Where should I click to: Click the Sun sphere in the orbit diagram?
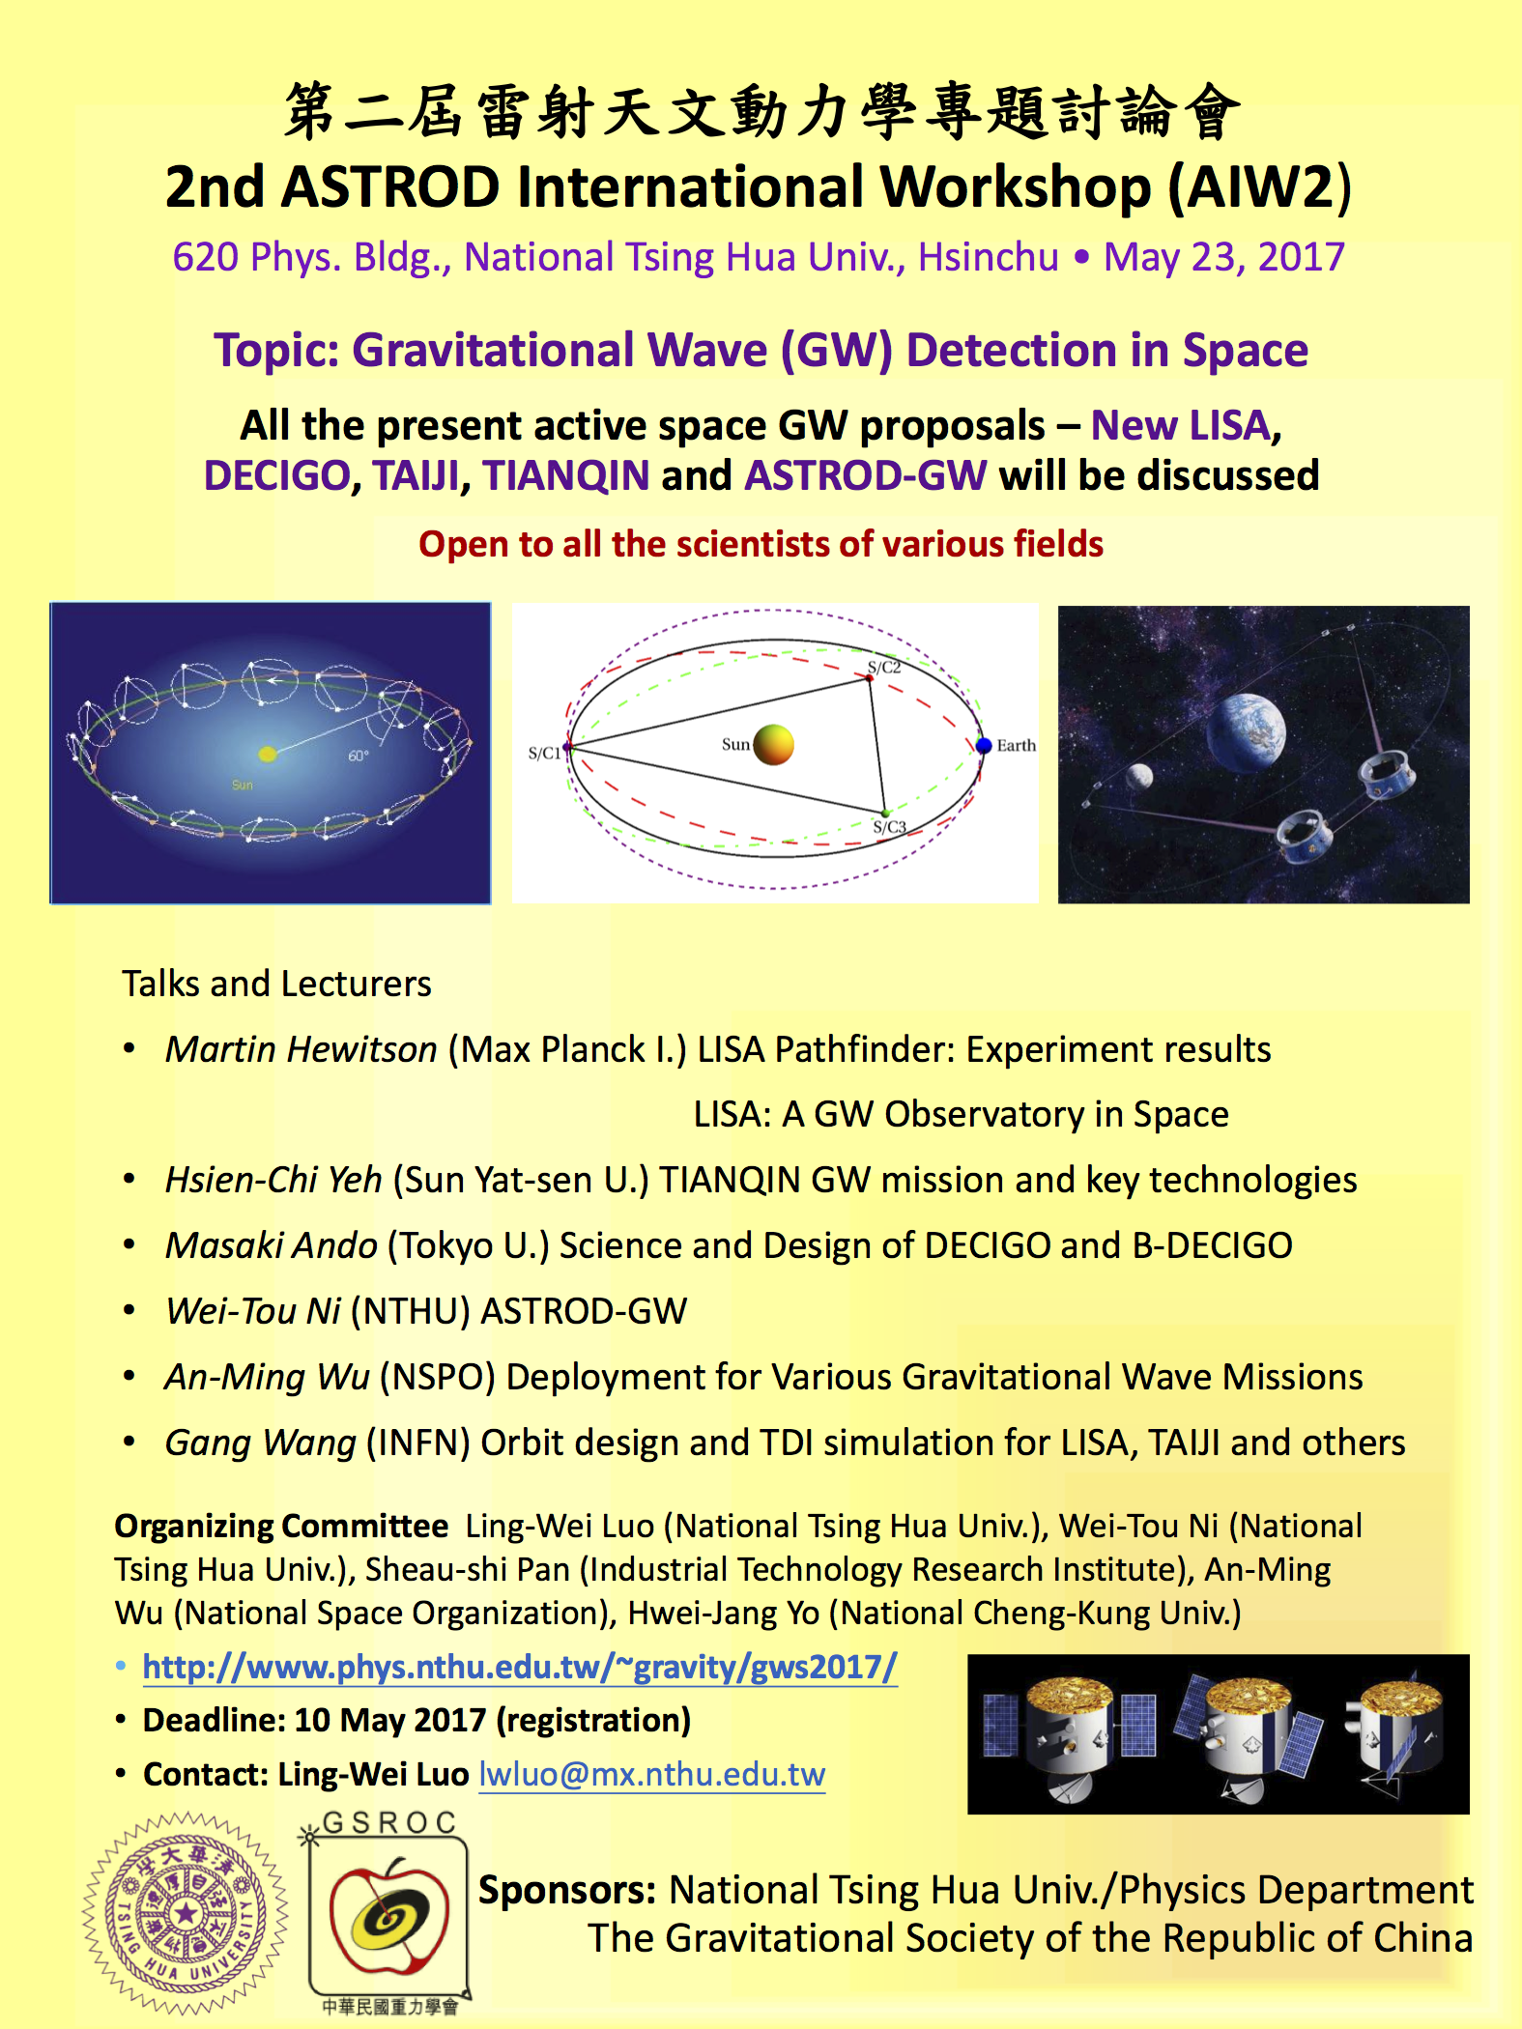[773, 745]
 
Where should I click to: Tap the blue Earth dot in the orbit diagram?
[984, 746]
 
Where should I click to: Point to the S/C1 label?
[544, 753]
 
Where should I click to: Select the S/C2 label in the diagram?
[883, 667]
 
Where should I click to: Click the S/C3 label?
[889, 827]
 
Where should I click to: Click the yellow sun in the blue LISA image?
[267, 754]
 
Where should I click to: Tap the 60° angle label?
[359, 756]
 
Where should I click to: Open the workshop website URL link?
[520, 1667]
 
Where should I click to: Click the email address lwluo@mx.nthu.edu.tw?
[652, 1774]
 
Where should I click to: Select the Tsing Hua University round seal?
[186, 1912]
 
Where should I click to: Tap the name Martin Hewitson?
[302, 1049]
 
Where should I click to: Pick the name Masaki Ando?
[272, 1245]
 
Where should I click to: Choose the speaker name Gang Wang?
[261, 1443]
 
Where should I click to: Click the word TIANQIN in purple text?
[566, 475]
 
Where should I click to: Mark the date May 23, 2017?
[1224, 257]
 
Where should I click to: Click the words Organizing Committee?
[281, 1527]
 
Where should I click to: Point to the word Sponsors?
[567, 1890]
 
